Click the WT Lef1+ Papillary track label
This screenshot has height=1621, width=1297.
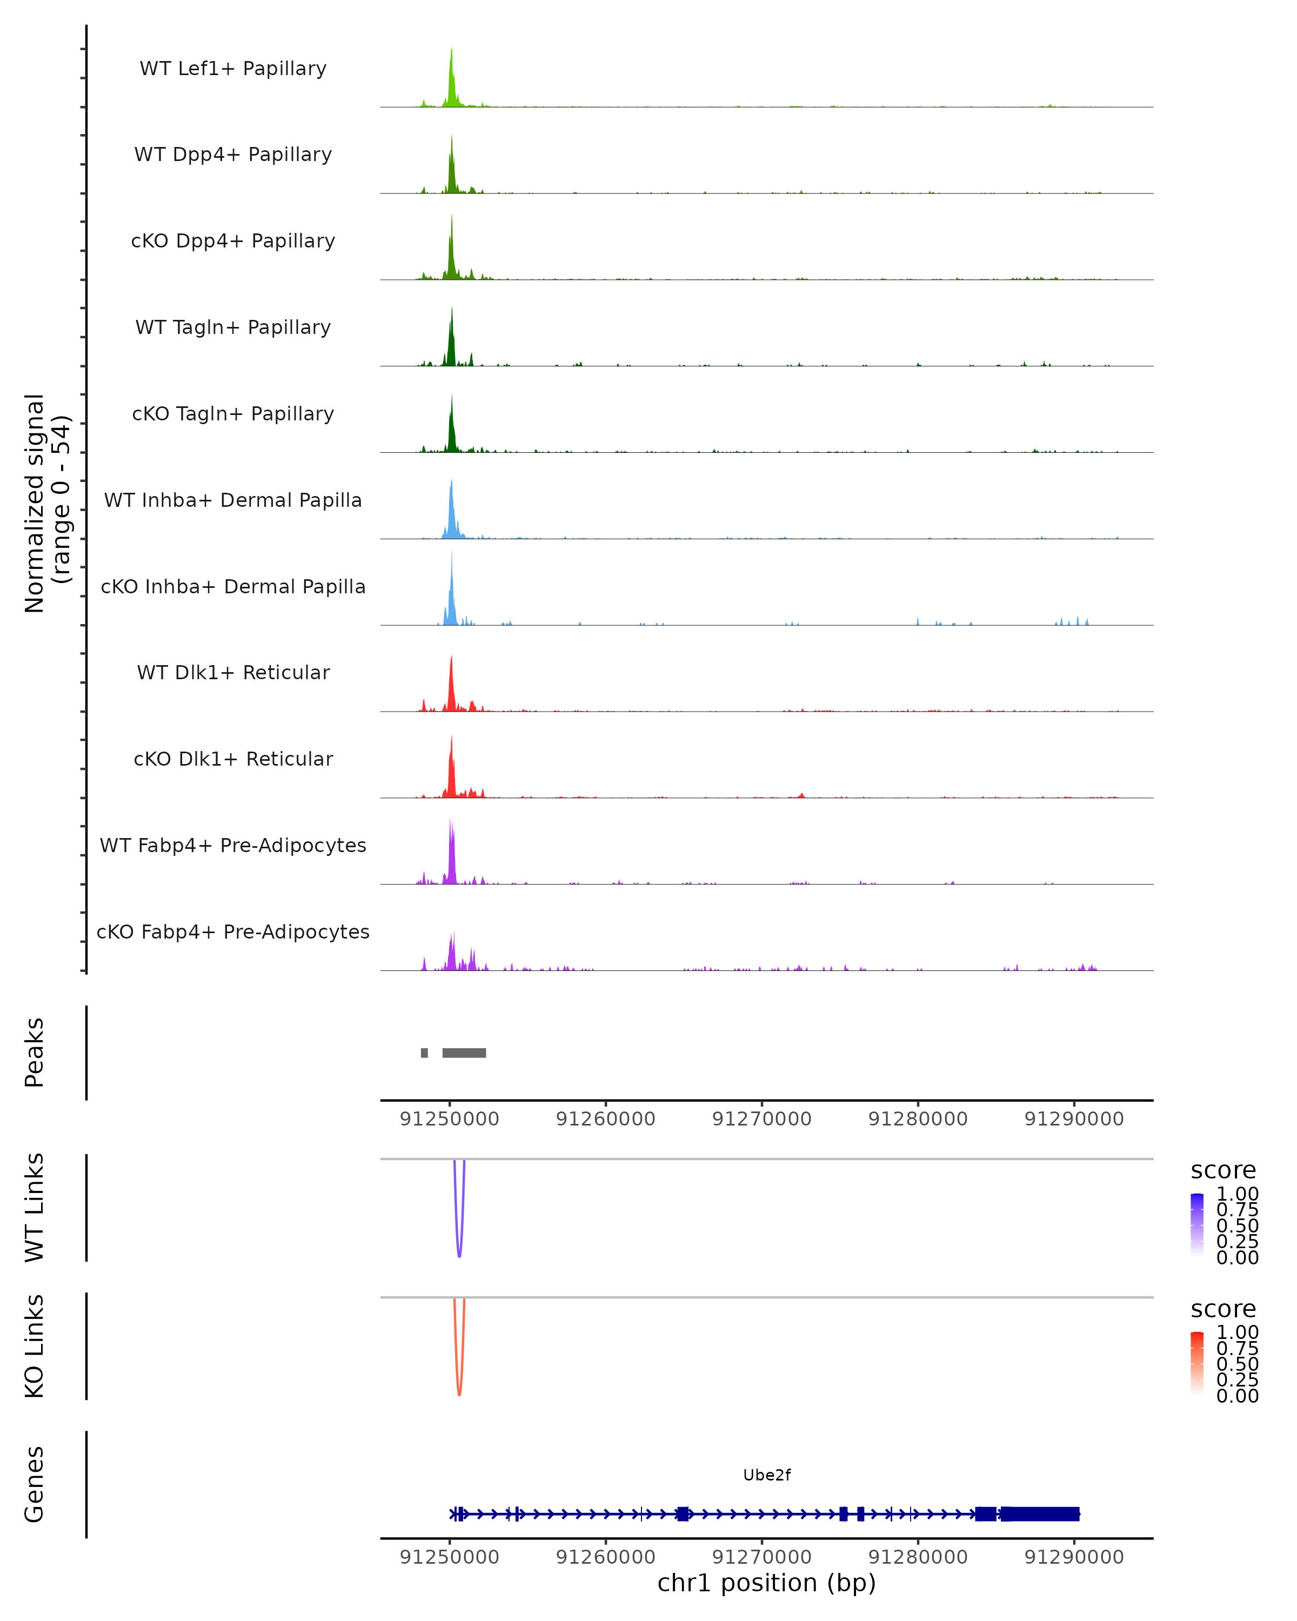(233, 69)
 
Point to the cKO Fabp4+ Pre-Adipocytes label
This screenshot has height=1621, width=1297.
(233, 932)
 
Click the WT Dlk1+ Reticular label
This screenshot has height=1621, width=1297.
(233, 672)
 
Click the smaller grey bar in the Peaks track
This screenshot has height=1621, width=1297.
(424, 1053)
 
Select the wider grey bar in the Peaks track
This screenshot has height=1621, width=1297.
(464, 1053)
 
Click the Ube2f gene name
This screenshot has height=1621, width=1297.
(766, 1475)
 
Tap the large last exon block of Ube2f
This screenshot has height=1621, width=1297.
(1040, 1514)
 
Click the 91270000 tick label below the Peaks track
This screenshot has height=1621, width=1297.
(761, 1119)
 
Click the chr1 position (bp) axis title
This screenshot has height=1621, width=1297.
(766, 1583)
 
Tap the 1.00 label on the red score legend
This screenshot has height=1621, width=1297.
(1237, 1332)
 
